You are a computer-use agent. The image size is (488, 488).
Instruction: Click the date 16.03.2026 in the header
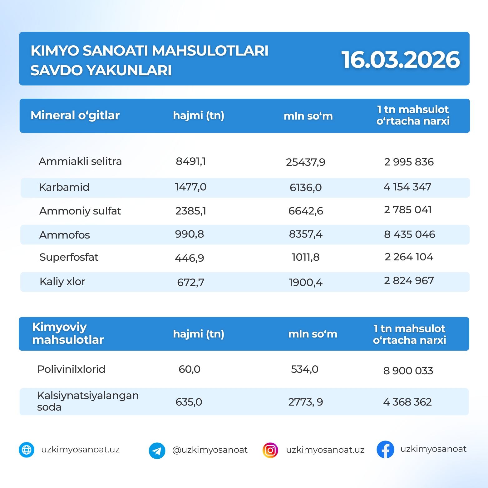click(401, 60)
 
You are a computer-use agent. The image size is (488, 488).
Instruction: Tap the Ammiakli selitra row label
click(80, 161)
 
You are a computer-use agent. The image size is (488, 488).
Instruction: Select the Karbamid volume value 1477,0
click(190, 187)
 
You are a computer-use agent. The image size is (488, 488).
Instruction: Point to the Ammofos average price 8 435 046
click(409, 234)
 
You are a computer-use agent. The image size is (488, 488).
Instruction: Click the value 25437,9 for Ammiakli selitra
click(305, 162)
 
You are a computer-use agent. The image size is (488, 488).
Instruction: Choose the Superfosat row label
click(69, 257)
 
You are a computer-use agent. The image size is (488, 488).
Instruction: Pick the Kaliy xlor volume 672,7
click(190, 282)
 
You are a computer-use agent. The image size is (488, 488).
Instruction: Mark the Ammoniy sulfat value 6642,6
click(305, 211)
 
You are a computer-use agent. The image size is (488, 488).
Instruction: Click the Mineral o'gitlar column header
click(75, 116)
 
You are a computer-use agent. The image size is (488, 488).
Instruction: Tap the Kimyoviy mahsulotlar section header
click(68, 333)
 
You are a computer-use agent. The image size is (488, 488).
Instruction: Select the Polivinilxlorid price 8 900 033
click(408, 371)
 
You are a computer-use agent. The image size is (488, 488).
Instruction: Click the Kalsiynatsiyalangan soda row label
click(88, 401)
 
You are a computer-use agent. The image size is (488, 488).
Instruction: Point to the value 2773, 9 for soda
click(305, 402)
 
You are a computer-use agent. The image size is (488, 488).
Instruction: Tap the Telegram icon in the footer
click(157, 451)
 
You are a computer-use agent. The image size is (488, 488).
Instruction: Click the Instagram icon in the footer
click(270, 450)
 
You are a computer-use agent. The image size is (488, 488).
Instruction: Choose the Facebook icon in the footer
click(385, 450)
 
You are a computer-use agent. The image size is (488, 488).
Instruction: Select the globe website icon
click(27, 450)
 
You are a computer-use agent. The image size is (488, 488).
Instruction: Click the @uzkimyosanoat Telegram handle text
click(210, 450)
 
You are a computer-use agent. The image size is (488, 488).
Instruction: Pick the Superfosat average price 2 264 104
click(409, 257)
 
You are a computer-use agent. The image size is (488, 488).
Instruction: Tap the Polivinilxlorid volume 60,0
click(189, 369)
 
